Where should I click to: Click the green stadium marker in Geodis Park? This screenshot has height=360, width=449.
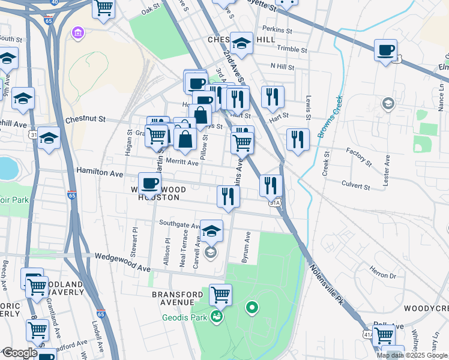point(252,308)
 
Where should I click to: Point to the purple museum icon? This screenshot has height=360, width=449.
point(78,32)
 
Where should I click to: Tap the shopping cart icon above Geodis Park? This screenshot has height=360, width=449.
point(221,295)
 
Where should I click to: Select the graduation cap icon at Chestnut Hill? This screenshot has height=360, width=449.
point(242,43)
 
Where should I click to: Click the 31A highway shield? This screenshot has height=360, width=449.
point(275,203)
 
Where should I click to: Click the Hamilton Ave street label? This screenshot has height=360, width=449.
point(99,173)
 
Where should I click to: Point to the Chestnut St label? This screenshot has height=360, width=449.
point(85,119)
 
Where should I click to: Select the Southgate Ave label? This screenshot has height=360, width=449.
point(179,224)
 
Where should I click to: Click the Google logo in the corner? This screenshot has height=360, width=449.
point(19,353)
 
